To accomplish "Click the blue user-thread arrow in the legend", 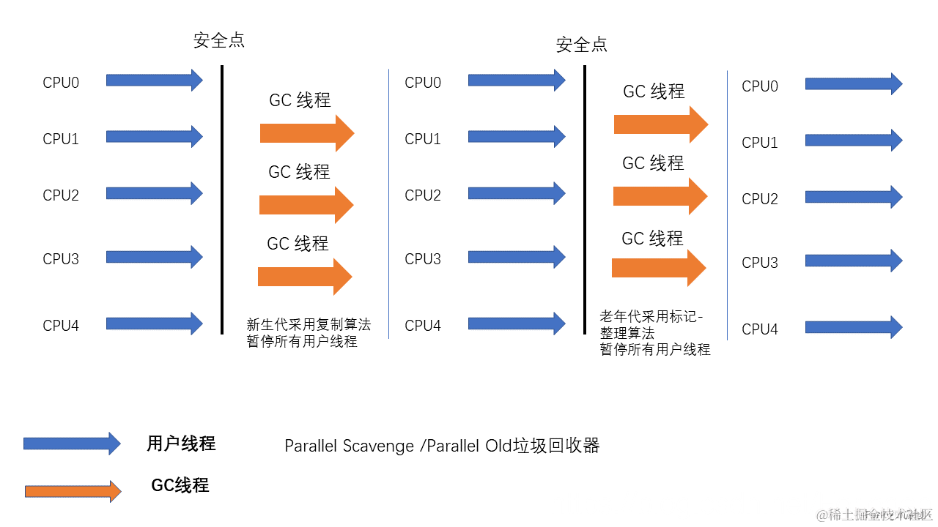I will [72, 444].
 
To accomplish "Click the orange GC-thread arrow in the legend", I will [73, 491].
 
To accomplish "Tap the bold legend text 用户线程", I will [181, 444].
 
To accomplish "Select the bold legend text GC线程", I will [180, 485].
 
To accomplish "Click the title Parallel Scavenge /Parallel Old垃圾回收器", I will [442, 446].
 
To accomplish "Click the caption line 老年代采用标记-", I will [651, 316].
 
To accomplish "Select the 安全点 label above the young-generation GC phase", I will [219, 40].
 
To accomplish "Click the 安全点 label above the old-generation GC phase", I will [582, 45].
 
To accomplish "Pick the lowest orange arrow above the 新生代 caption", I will [305, 277].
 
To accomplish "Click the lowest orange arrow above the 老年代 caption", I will [659, 268].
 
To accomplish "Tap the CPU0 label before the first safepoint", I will [61, 83].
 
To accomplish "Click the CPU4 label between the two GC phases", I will [423, 326].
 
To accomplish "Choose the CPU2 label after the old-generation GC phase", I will [760, 199].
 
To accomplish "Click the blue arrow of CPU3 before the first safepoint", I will [154, 257].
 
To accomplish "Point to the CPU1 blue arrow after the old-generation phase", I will [854, 141].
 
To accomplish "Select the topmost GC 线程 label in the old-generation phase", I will [654, 91].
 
